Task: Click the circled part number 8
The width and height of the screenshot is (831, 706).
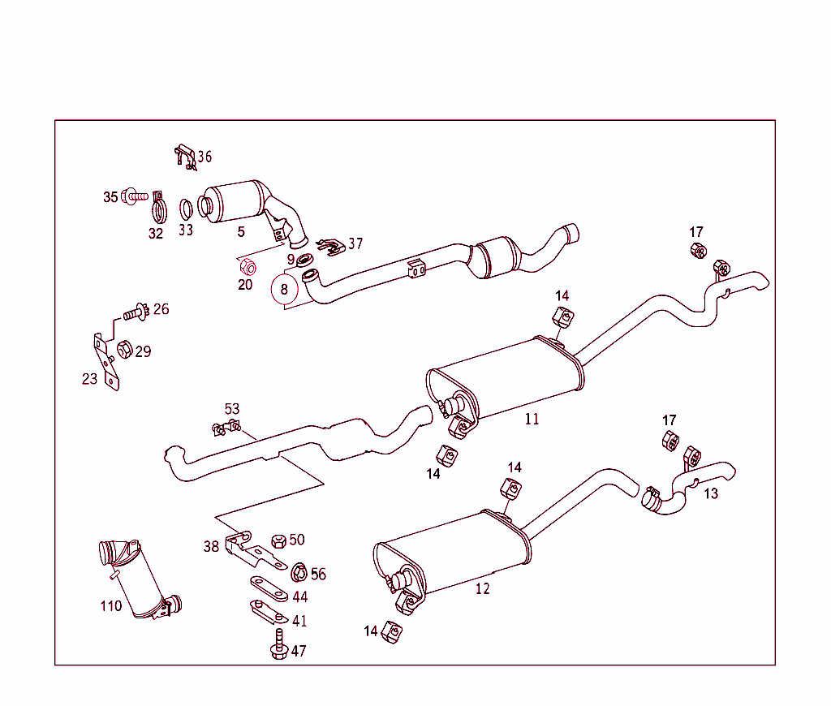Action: (284, 288)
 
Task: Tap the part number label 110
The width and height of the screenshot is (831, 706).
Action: (111, 605)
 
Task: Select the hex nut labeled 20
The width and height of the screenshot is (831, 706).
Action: (248, 266)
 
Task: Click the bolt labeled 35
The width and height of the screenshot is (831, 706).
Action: (136, 196)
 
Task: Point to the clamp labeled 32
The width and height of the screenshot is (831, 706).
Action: (158, 209)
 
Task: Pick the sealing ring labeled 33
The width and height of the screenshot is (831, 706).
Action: (186, 208)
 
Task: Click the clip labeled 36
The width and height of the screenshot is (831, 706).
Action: (185, 156)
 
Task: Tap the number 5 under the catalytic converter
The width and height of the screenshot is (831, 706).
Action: (241, 232)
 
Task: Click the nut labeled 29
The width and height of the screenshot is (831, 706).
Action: (125, 351)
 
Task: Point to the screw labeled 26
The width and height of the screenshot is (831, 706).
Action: (136, 311)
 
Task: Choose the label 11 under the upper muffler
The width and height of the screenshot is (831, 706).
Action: (532, 420)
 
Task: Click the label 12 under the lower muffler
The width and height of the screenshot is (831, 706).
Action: (483, 589)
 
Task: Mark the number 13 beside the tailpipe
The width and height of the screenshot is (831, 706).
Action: (711, 493)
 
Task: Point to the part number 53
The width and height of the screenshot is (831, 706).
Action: (232, 409)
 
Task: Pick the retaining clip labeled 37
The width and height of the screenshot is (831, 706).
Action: (329, 245)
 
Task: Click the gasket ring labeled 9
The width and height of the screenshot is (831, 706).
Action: (306, 260)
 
